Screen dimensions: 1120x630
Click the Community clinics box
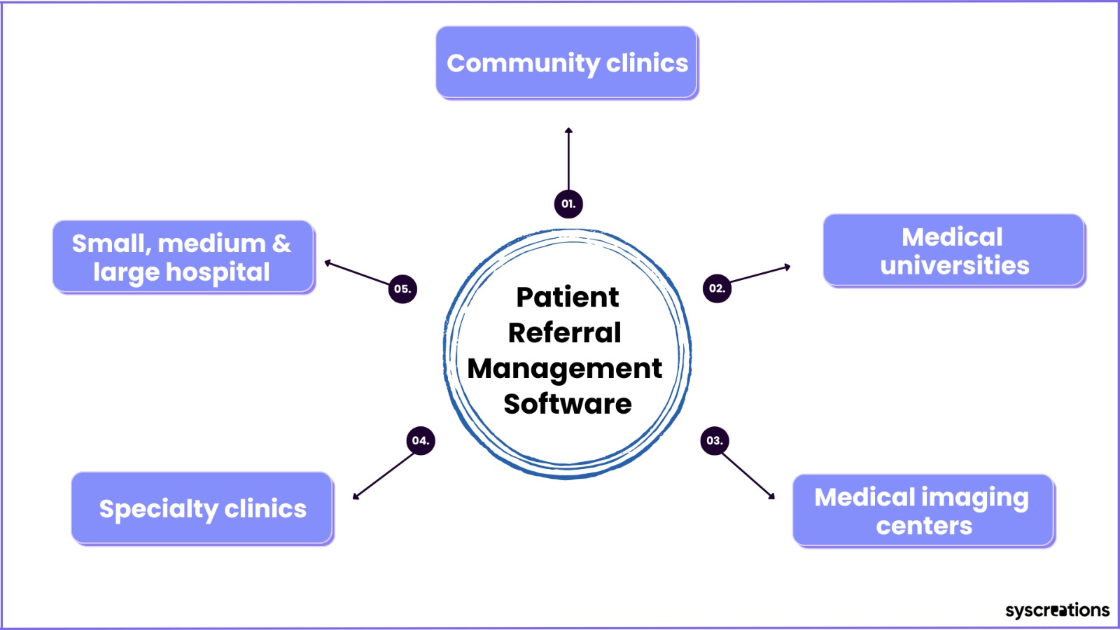(x=566, y=62)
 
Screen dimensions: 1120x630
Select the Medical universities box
(x=954, y=251)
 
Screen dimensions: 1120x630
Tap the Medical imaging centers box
(x=923, y=510)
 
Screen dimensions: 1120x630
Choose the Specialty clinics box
(x=202, y=508)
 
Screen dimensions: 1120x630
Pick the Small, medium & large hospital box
(x=183, y=257)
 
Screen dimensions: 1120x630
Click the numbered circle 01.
(x=568, y=204)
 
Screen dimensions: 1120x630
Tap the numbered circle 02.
(x=717, y=288)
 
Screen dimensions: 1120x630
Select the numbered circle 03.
(x=715, y=440)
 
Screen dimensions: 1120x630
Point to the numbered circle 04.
(x=421, y=440)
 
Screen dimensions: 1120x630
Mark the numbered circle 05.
(x=402, y=289)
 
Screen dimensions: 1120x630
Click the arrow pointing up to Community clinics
(x=568, y=159)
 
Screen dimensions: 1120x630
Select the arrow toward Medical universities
(x=760, y=274)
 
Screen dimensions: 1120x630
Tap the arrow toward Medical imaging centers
(x=748, y=476)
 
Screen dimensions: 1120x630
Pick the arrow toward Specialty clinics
(x=384, y=476)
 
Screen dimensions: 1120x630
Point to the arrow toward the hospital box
(x=357, y=272)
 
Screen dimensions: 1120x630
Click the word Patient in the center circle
(x=568, y=297)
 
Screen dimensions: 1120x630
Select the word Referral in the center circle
(x=564, y=333)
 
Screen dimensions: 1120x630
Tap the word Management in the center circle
(x=564, y=370)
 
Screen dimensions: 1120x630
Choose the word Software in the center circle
(x=568, y=404)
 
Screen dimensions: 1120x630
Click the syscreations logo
(x=1057, y=610)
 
